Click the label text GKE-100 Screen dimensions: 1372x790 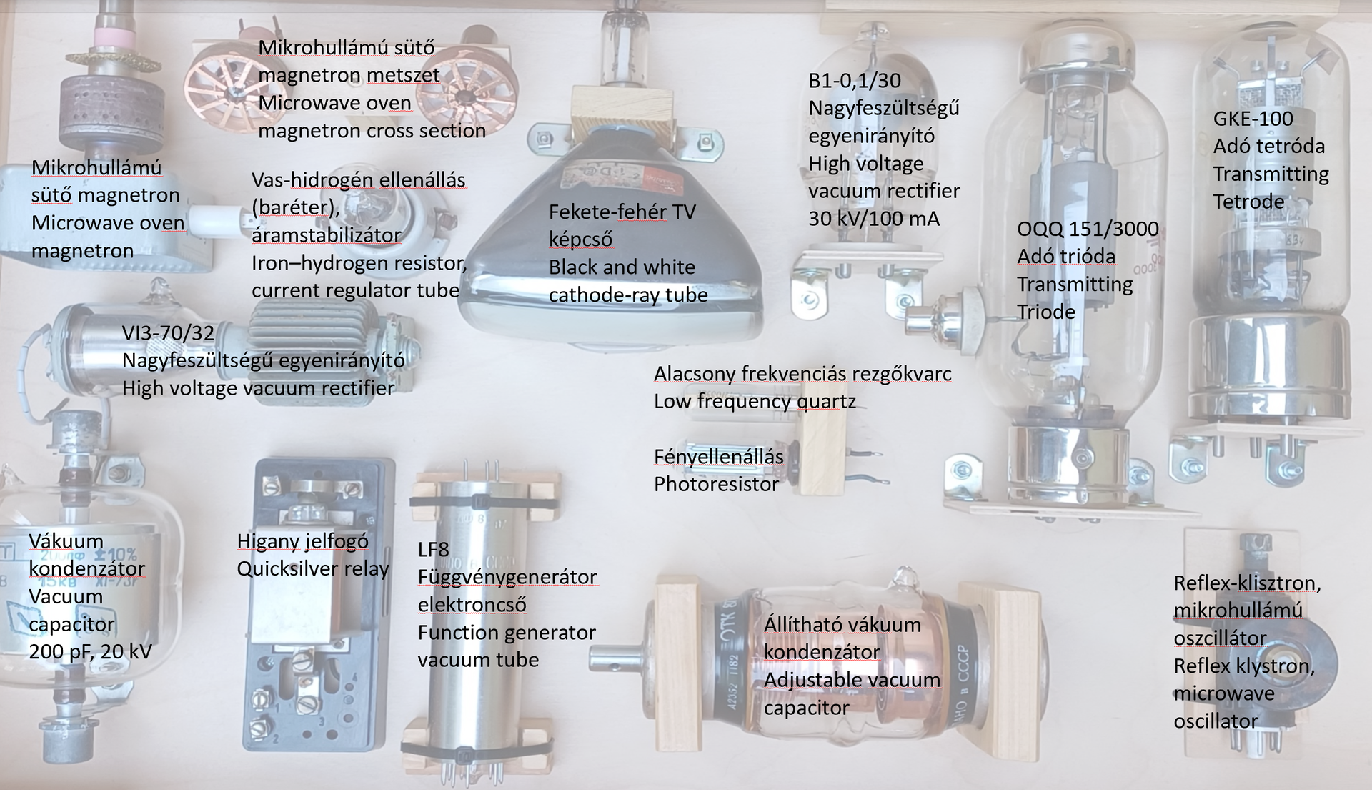pyautogui.click(x=1253, y=119)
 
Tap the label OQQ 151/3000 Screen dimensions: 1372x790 pyautogui.click(x=1088, y=229)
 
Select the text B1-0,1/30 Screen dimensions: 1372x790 pyautogui.click(x=855, y=80)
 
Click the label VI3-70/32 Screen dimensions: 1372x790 pyautogui.click(x=168, y=332)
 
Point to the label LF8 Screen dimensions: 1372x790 pyautogui.click(x=434, y=549)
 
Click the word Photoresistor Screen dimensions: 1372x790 pyautogui.click(x=716, y=484)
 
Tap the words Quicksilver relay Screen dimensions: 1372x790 pyautogui.click(x=313, y=569)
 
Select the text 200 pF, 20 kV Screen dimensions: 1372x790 pyautogui.click(x=91, y=651)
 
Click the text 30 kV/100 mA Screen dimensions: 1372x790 pyautogui.click(x=874, y=218)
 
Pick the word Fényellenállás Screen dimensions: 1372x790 pyautogui.click(x=719, y=456)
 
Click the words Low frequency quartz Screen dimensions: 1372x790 pyautogui.click(x=755, y=401)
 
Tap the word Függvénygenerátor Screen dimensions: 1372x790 pyautogui.click(x=507, y=577)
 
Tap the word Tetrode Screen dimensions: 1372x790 pyautogui.click(x=1248, y=202)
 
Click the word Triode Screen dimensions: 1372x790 pyautogui.click(x=1046, y=312)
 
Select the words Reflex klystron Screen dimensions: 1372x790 pyautogui.click(x=1244, y=666)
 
